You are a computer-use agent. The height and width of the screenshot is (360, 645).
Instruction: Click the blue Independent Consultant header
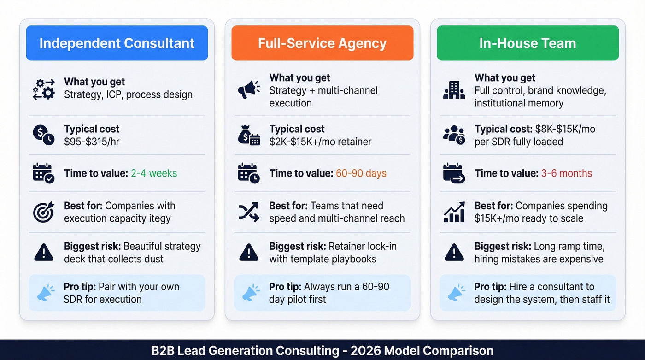(117, 43)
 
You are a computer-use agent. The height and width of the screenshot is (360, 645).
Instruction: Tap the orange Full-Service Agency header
(322, 43)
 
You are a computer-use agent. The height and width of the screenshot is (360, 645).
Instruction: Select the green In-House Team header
(528, 43)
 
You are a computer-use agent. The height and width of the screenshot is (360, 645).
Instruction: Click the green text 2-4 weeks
(154, 173)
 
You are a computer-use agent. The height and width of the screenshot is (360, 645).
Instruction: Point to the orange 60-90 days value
(361, 173)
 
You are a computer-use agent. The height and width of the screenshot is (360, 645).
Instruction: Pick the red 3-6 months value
(567, 173)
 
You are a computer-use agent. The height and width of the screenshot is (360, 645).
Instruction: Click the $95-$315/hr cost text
(92, 142)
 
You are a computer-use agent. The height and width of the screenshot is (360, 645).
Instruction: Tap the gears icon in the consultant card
(44, 89)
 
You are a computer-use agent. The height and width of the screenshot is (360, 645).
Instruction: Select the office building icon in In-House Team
(454, 89)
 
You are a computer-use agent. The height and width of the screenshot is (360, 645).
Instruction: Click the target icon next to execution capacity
(44, 212)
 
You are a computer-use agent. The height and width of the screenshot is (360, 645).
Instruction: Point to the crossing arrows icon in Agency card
(249, 212)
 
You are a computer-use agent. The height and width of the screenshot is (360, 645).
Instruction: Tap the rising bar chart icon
(454, 212)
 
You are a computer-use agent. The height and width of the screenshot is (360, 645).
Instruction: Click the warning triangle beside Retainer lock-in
(249, 253)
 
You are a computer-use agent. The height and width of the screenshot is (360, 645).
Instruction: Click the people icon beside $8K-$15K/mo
(454, 135)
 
